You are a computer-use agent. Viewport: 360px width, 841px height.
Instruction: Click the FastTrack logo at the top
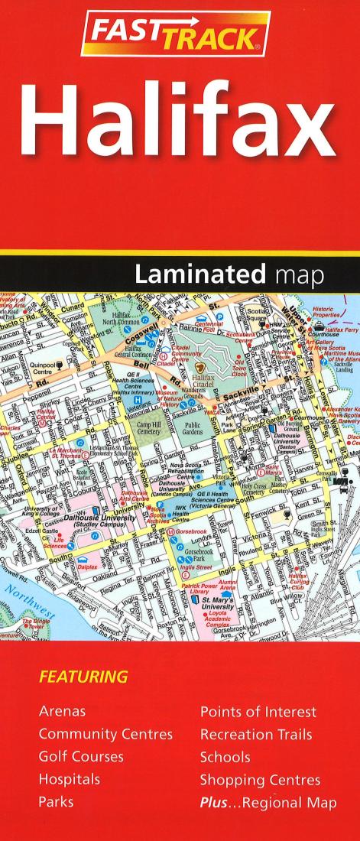pyautogui.click(x=175, y=34)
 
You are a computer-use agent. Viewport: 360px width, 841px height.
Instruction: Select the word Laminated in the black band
pyautogui.click(x=197, y=272)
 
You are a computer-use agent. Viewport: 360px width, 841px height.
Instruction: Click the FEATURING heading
pyautogui.click(x=83, y=677)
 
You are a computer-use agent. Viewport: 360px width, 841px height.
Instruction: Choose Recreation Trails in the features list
pyautogui.click(x=256, y=735)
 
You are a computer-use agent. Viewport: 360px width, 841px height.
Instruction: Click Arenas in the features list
pyautogui.click(x=62, y=712)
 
